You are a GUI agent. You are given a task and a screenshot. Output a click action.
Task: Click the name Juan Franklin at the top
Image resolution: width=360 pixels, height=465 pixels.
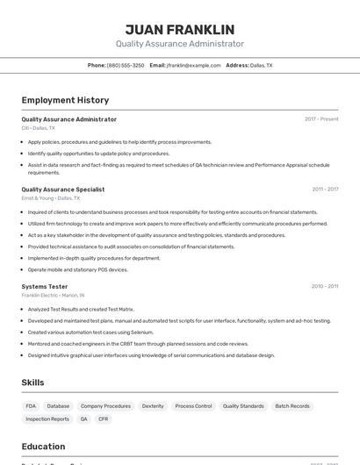179,29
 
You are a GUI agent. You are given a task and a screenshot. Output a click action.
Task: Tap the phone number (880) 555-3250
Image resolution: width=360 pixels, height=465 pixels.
126,66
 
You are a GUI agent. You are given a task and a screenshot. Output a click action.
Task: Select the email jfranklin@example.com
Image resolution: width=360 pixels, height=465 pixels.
193,66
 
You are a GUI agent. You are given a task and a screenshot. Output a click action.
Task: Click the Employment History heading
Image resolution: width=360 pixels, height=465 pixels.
65,100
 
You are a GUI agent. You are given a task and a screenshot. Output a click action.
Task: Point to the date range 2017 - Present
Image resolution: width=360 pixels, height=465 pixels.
321,119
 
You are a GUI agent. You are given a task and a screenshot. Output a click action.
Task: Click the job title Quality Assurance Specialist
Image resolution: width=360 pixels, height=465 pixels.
63,190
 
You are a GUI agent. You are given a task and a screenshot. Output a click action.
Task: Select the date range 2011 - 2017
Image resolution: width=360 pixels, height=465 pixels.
325,190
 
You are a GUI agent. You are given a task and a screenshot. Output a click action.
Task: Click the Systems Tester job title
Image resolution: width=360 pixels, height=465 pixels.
45,287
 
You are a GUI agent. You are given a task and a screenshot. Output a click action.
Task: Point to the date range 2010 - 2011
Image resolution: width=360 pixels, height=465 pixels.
325,287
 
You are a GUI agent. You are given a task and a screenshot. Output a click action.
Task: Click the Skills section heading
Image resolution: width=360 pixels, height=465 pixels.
32,383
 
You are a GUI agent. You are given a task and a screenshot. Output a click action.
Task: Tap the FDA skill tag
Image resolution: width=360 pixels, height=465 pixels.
32,406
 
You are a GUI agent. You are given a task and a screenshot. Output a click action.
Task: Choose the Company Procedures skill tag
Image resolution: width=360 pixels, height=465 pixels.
105,406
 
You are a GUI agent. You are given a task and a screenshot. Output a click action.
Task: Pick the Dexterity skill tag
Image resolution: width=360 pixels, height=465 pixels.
153,406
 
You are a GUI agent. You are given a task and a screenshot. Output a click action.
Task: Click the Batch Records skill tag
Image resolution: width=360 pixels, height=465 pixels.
292,406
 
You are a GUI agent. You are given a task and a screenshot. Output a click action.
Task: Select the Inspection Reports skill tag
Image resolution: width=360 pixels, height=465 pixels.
47,419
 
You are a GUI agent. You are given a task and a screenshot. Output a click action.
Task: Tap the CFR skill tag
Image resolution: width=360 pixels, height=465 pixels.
104,419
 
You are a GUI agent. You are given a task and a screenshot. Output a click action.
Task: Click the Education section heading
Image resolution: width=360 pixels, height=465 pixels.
43,447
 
